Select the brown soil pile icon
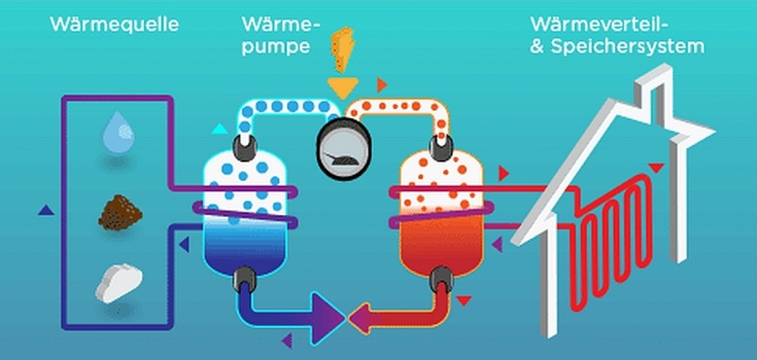click(118, 215)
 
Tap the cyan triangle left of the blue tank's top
click(218, 128)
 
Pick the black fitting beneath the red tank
click(442, 278)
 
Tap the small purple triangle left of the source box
click(43, 210)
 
